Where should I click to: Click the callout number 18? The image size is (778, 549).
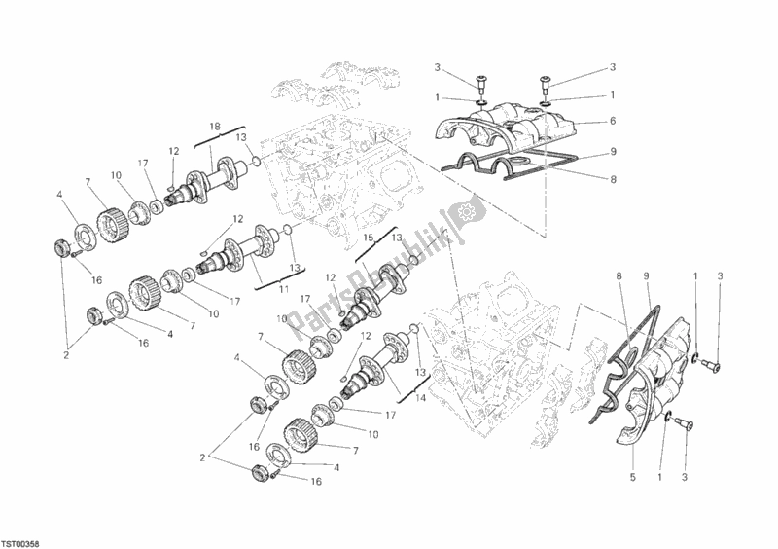click(214, 127)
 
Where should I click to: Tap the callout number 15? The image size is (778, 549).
click(369, 238)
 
